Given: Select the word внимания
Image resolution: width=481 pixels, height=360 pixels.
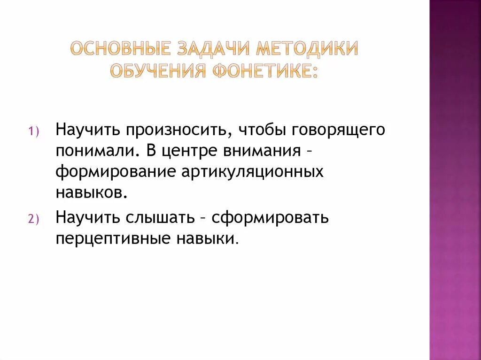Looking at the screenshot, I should coord(263,151).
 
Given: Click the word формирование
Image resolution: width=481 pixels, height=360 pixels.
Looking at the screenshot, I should coord(114,172).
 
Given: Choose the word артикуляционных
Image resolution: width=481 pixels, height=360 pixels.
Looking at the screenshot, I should coord(252,172).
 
